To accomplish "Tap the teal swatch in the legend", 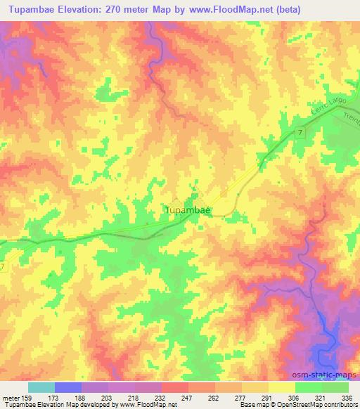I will tap(41, 387).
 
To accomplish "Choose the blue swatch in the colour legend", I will tap(67, 387).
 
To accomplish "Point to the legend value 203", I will tap(95, 398).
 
